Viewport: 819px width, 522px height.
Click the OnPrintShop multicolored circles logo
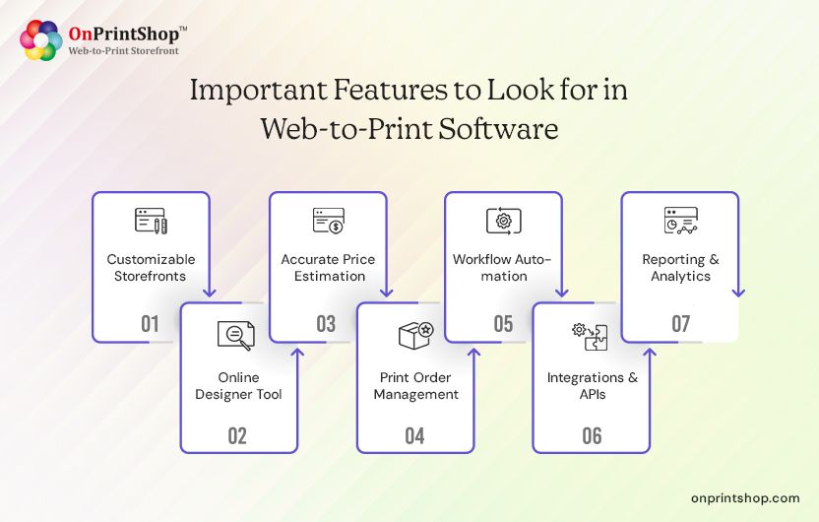coord(40,39)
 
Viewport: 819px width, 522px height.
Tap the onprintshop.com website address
coord(745,498)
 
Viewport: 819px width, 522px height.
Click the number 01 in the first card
coord(150,323)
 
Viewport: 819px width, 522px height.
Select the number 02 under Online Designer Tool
coord(237,434)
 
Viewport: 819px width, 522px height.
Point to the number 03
coord(326,323)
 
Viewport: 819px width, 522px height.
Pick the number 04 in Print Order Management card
coord(414,434)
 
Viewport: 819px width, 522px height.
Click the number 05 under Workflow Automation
coord(503,323)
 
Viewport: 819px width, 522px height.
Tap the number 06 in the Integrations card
coord(591,434)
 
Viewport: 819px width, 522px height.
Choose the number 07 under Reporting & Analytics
coord(680,323)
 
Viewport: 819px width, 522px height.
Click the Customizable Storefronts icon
coord(151,221)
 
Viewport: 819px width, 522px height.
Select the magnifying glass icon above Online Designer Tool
coord(236,335)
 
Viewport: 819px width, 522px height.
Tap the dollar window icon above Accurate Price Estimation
coord(327,221)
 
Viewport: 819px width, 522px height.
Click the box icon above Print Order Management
coord(415,335)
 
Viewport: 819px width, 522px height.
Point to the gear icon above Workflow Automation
coord(503,221)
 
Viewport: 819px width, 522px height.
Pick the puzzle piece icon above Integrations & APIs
coord(591,335)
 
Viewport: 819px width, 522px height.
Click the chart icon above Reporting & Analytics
coord(680,221)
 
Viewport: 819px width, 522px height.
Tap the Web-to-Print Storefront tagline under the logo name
coord(123,50)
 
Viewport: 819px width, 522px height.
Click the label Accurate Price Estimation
coord(328,268)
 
